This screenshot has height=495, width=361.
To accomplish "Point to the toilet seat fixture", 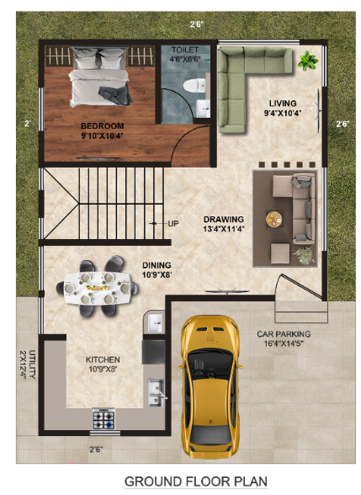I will [196, 84].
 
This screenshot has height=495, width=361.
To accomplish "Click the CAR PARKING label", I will [289, 333].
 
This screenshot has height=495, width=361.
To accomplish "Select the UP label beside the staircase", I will [173, 223].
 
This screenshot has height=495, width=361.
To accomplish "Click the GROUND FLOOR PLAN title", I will [195, 482].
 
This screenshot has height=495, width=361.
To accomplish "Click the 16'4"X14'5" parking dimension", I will [289, 343].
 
